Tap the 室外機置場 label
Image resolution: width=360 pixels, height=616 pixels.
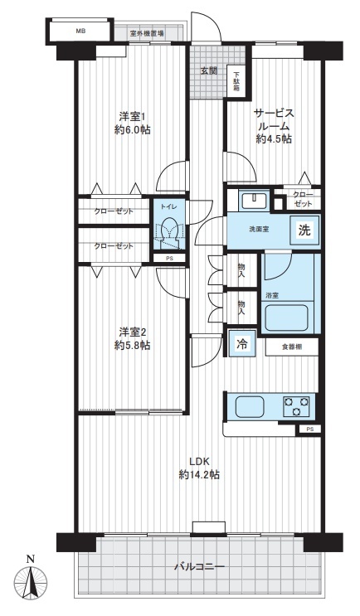pyautogui.click(x=147, y=33)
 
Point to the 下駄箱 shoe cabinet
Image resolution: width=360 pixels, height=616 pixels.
pyautogui.click(x=237, y=81)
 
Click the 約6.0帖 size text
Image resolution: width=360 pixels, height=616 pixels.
pyautogui.click(x=133, y=129)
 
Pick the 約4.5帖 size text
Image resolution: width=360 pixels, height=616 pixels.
pyautogui.click(x=274, y=138)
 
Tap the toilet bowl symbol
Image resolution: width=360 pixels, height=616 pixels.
pyautogui.click(x=169, y=233)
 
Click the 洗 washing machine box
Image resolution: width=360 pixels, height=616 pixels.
pyautogui.click(x=304, y=230)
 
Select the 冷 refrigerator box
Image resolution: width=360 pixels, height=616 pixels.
pyautogui.click(x=242, y=344)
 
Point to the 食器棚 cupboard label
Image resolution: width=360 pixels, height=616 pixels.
pyautogui.click(x=292, y=347)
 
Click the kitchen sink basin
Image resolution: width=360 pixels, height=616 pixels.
pyautogui.click(x=251, y=407)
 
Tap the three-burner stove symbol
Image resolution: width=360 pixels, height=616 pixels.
pyautogui.click(x=296, y=406)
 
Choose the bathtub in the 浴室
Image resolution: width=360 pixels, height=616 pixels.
pyautogui.click(x=286, y=318)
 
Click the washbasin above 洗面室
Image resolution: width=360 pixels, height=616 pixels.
pyautogui.click(x=255, y=201)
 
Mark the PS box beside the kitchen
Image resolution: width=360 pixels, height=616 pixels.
pyautogui.click(x=310, y=429)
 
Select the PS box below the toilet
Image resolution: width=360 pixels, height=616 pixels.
pyautogui.click(x=169, y=259)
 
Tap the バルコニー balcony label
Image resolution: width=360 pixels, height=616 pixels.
pyautogui.click(x=199, y=567)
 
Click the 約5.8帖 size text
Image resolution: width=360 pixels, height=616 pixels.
pyautogui.click(x=133, y=346)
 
